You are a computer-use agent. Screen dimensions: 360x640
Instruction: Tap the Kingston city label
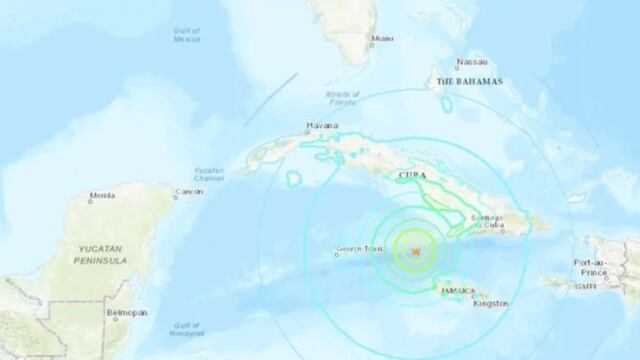[x=493, y=303]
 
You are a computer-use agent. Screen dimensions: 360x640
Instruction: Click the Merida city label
[x=102, y=195]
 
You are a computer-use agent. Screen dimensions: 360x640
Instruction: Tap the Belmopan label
[x=128, y=313]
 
